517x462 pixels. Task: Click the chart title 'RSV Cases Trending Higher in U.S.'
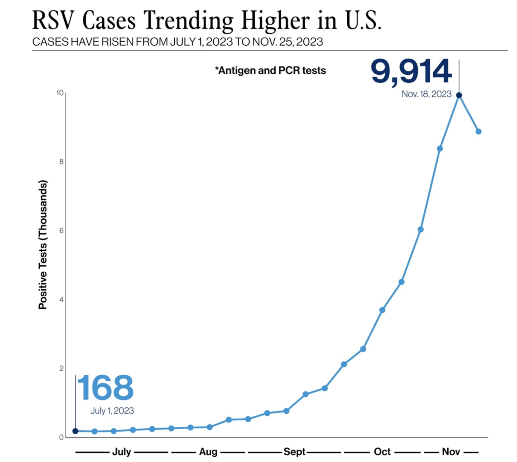coord(207,20)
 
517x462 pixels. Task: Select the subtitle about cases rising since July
coord(177,42)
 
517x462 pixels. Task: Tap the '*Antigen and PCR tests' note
coord(270,70)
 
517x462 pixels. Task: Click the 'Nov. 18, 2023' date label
coord(426,94)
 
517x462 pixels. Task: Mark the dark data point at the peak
coord(459,96)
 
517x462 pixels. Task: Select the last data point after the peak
coord(478,132)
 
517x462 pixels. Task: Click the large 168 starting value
coord(105,388)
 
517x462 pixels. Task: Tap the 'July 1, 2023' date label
coord(112,411)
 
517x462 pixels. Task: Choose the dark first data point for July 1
coord(75,431)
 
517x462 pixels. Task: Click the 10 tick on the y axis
coord(60,93)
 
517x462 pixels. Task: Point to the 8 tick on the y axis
coord(61,162)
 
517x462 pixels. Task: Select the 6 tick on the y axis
coord(61,230)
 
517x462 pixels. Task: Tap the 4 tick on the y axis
coord(61,299)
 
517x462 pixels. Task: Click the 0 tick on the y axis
coord(61,437)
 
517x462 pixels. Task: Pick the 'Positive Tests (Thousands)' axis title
coord(43,245)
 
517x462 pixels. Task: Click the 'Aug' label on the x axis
coord(208,452)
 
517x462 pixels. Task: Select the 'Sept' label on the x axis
coord(294,452)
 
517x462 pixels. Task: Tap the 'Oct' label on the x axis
coord(382,452)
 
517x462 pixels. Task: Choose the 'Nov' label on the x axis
coord(451,452)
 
